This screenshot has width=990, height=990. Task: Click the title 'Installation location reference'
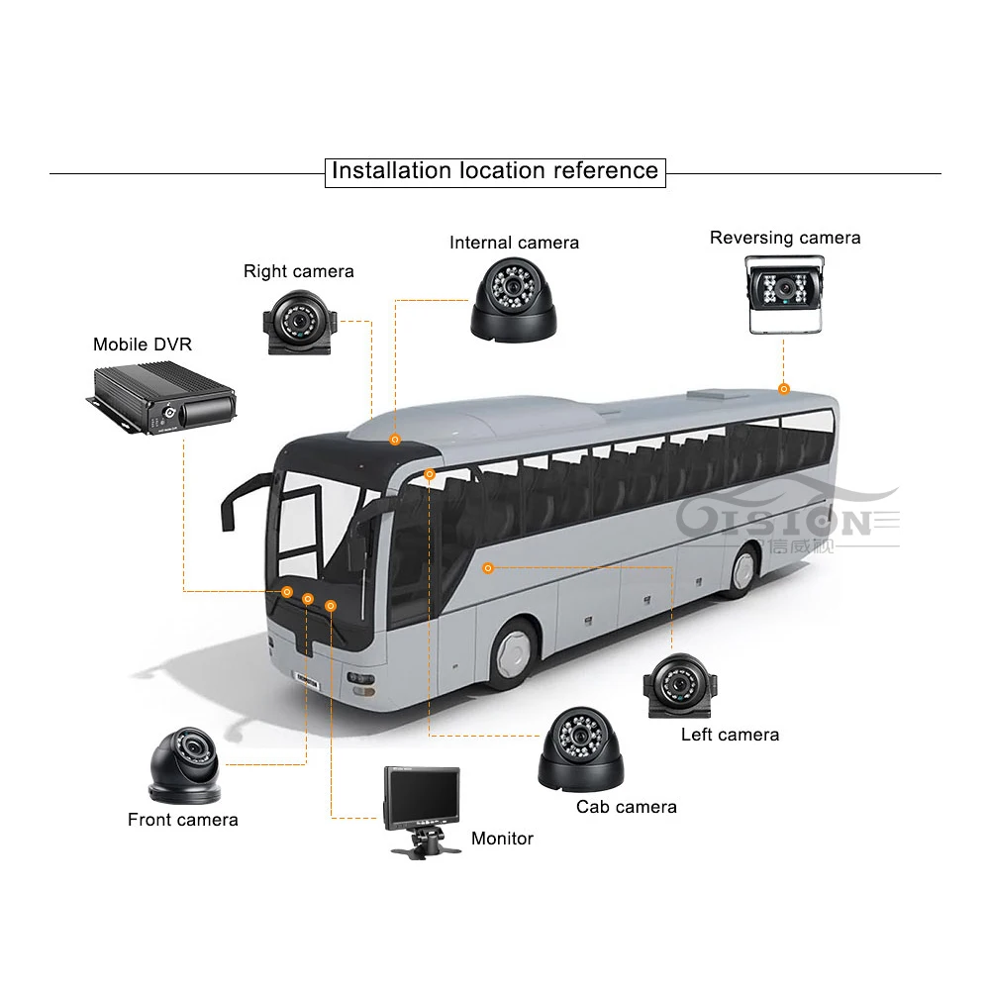click(494, 170)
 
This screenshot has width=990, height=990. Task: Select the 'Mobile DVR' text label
click(143, 345)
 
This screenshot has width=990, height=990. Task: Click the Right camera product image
click(299, 322)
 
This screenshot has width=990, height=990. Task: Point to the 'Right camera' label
click(298, 271)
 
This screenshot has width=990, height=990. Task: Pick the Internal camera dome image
click(513, 298)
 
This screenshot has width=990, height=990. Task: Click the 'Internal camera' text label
click(514, 243)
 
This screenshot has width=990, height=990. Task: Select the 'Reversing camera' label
click(785, 238)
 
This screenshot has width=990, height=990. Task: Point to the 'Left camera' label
click(730, 735)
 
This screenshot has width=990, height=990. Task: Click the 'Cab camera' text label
click(627, 807)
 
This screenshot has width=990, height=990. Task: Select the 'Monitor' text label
click(502, 839)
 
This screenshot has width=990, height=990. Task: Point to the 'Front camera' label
click(183, 820)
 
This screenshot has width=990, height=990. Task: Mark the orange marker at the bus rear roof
click(783, 389)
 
